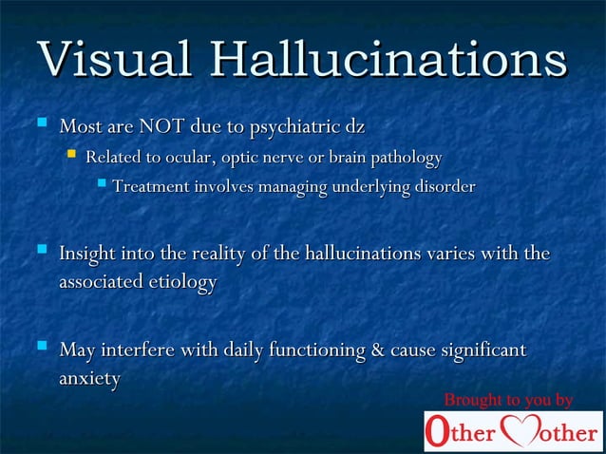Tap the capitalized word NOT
click(x=162, y=126)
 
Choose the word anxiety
click(x=89, y=380)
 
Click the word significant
click(x=481, y=350)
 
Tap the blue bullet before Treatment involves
click(x=102, y=185)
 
